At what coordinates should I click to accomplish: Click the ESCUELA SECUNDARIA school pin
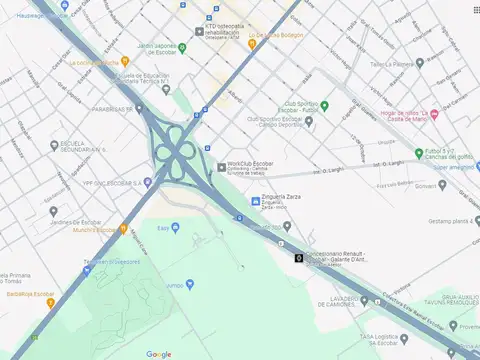coord(53,144)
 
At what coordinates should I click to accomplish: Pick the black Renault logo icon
coord(299,259)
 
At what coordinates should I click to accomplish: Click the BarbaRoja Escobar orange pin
coord(51,301)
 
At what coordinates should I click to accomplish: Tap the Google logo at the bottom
coord(159,353)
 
